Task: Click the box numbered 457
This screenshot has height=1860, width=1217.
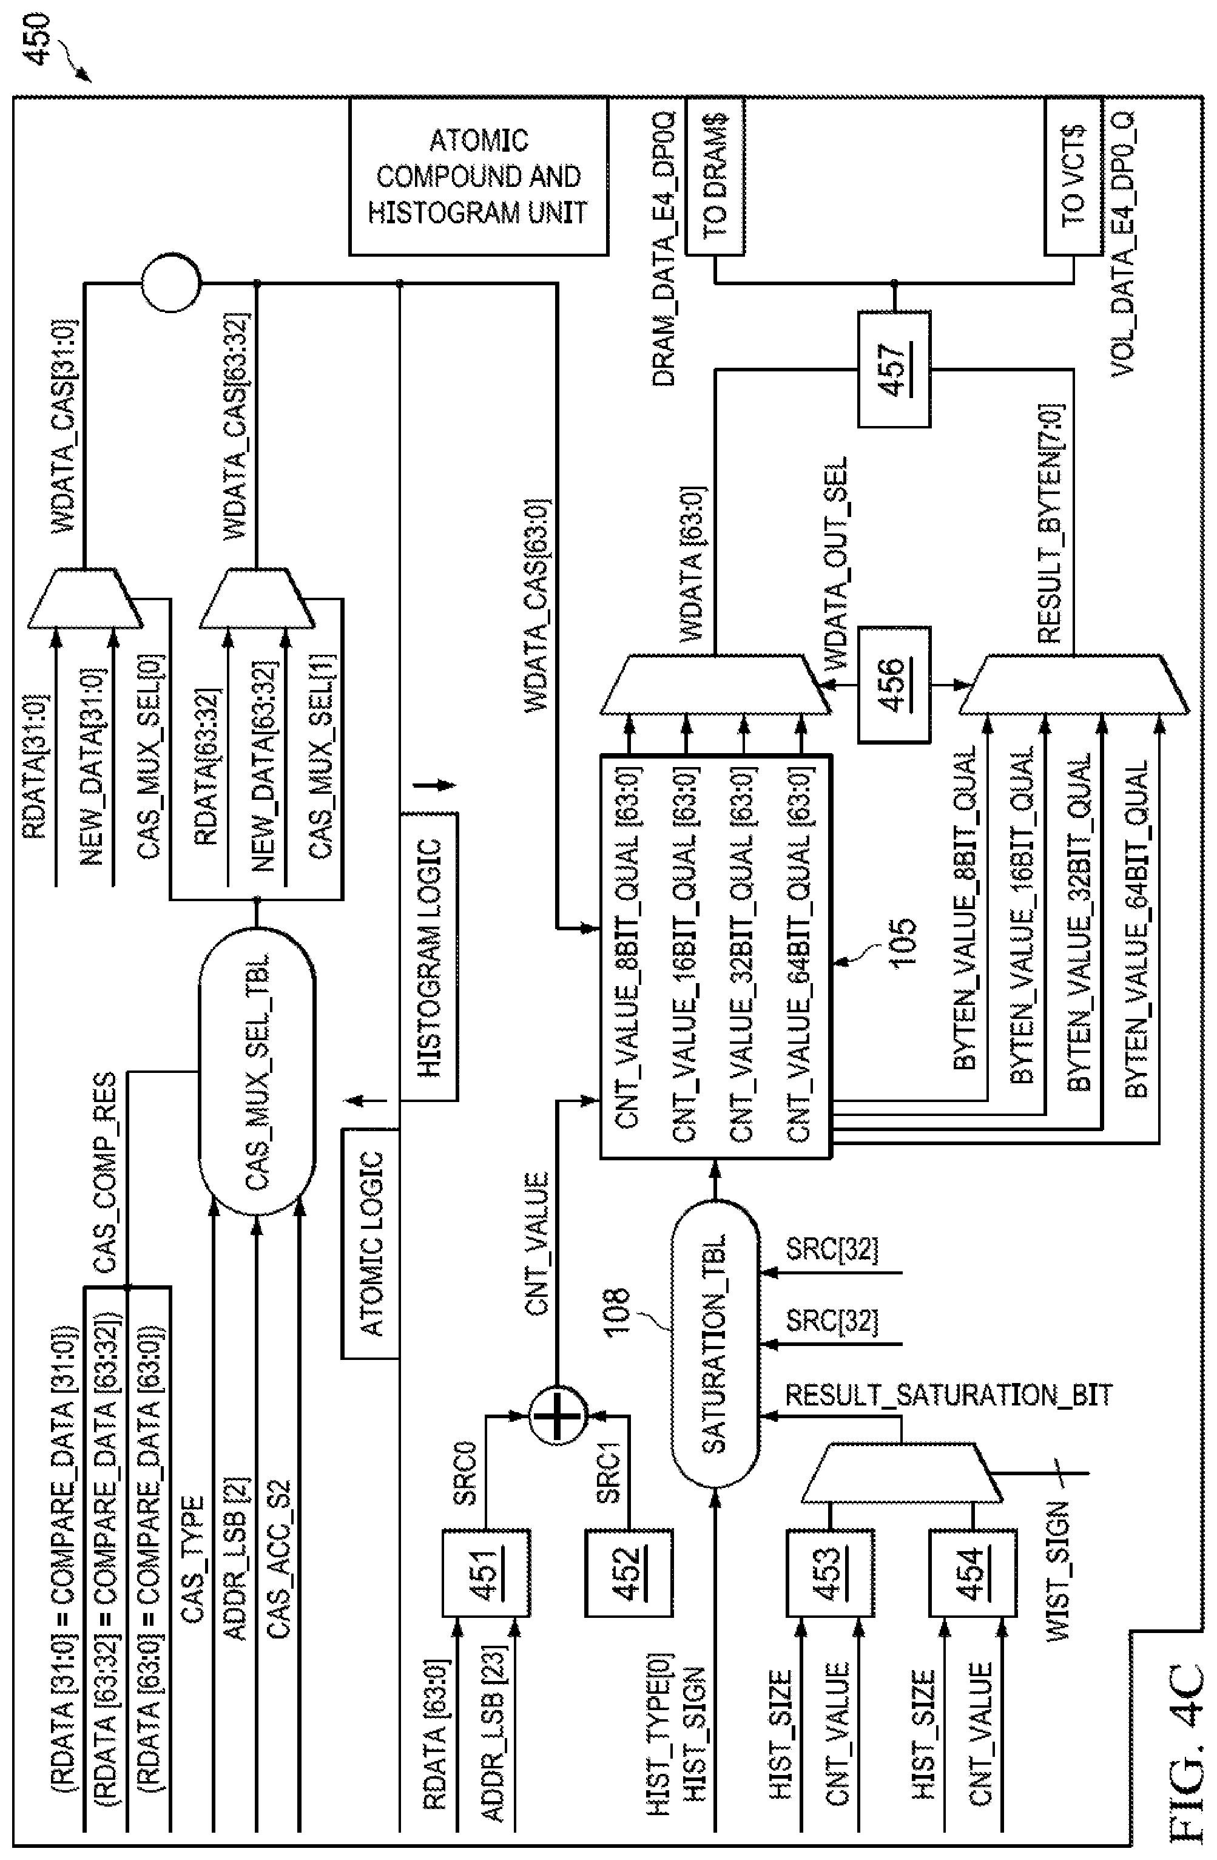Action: (894, 369)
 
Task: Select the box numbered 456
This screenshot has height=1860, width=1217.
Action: (894, 684)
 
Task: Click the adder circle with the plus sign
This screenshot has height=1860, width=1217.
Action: (557, 1415)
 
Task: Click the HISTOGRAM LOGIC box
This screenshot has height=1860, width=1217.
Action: (429, 958)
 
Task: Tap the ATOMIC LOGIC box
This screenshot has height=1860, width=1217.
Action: (370, 1243)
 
